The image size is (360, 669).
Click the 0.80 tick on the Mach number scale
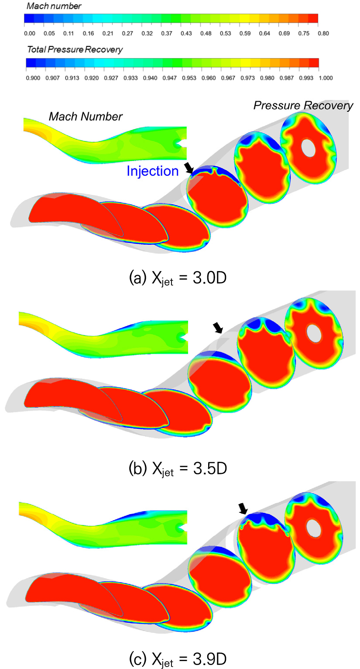click(x=323, y=34)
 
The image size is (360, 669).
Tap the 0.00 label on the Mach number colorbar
click(x=30, y=34)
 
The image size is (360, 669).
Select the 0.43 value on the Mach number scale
click(x=186, y=34)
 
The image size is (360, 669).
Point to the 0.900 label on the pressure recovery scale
click(x=33, y=78)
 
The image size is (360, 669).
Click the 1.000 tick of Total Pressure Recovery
click(x=326, y=78)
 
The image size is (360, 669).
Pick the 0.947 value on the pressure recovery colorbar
click(x=170, y=78)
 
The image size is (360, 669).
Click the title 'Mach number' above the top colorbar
click(x=54, y=6)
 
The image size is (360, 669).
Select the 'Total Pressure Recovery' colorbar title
click(x=75, y=50)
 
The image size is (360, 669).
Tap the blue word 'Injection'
click(x=153, y=171)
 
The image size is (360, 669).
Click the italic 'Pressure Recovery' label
click(x=303, y=106)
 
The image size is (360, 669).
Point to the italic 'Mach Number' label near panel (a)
click(x=86, y=117)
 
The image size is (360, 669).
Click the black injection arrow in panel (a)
click(x=189, y=168)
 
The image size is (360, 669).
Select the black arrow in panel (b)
click(x=218, y=328)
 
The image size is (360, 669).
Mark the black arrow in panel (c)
click(x=243, y=508)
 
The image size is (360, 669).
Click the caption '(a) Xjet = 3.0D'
click(x=178, y=278)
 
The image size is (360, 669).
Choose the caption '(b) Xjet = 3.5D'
click(x=178, y=469)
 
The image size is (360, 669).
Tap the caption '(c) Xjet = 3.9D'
click(x=178, y=659)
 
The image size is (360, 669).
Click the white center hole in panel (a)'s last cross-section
click(x=309, y=147)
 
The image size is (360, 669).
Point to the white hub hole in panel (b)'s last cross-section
click(x=314, y=334)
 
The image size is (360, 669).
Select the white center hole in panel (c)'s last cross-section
click(x=314, y=528)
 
